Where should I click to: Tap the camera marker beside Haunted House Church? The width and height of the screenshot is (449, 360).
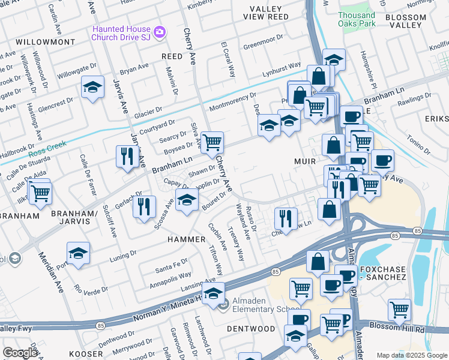coord(159,31)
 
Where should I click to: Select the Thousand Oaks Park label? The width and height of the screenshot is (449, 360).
coord(357,20)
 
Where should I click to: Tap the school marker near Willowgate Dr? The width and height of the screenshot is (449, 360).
coord(92,88)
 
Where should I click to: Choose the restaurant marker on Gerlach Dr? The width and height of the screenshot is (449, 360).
coord(144,207)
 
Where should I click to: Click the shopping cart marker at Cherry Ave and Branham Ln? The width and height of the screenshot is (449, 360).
coord(211,143)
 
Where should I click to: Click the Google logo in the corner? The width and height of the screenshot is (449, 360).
coord(20,353)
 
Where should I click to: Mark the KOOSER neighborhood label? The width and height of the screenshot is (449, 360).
coord(86,354)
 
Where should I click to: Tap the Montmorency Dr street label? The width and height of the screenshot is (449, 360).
coord(232,101)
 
